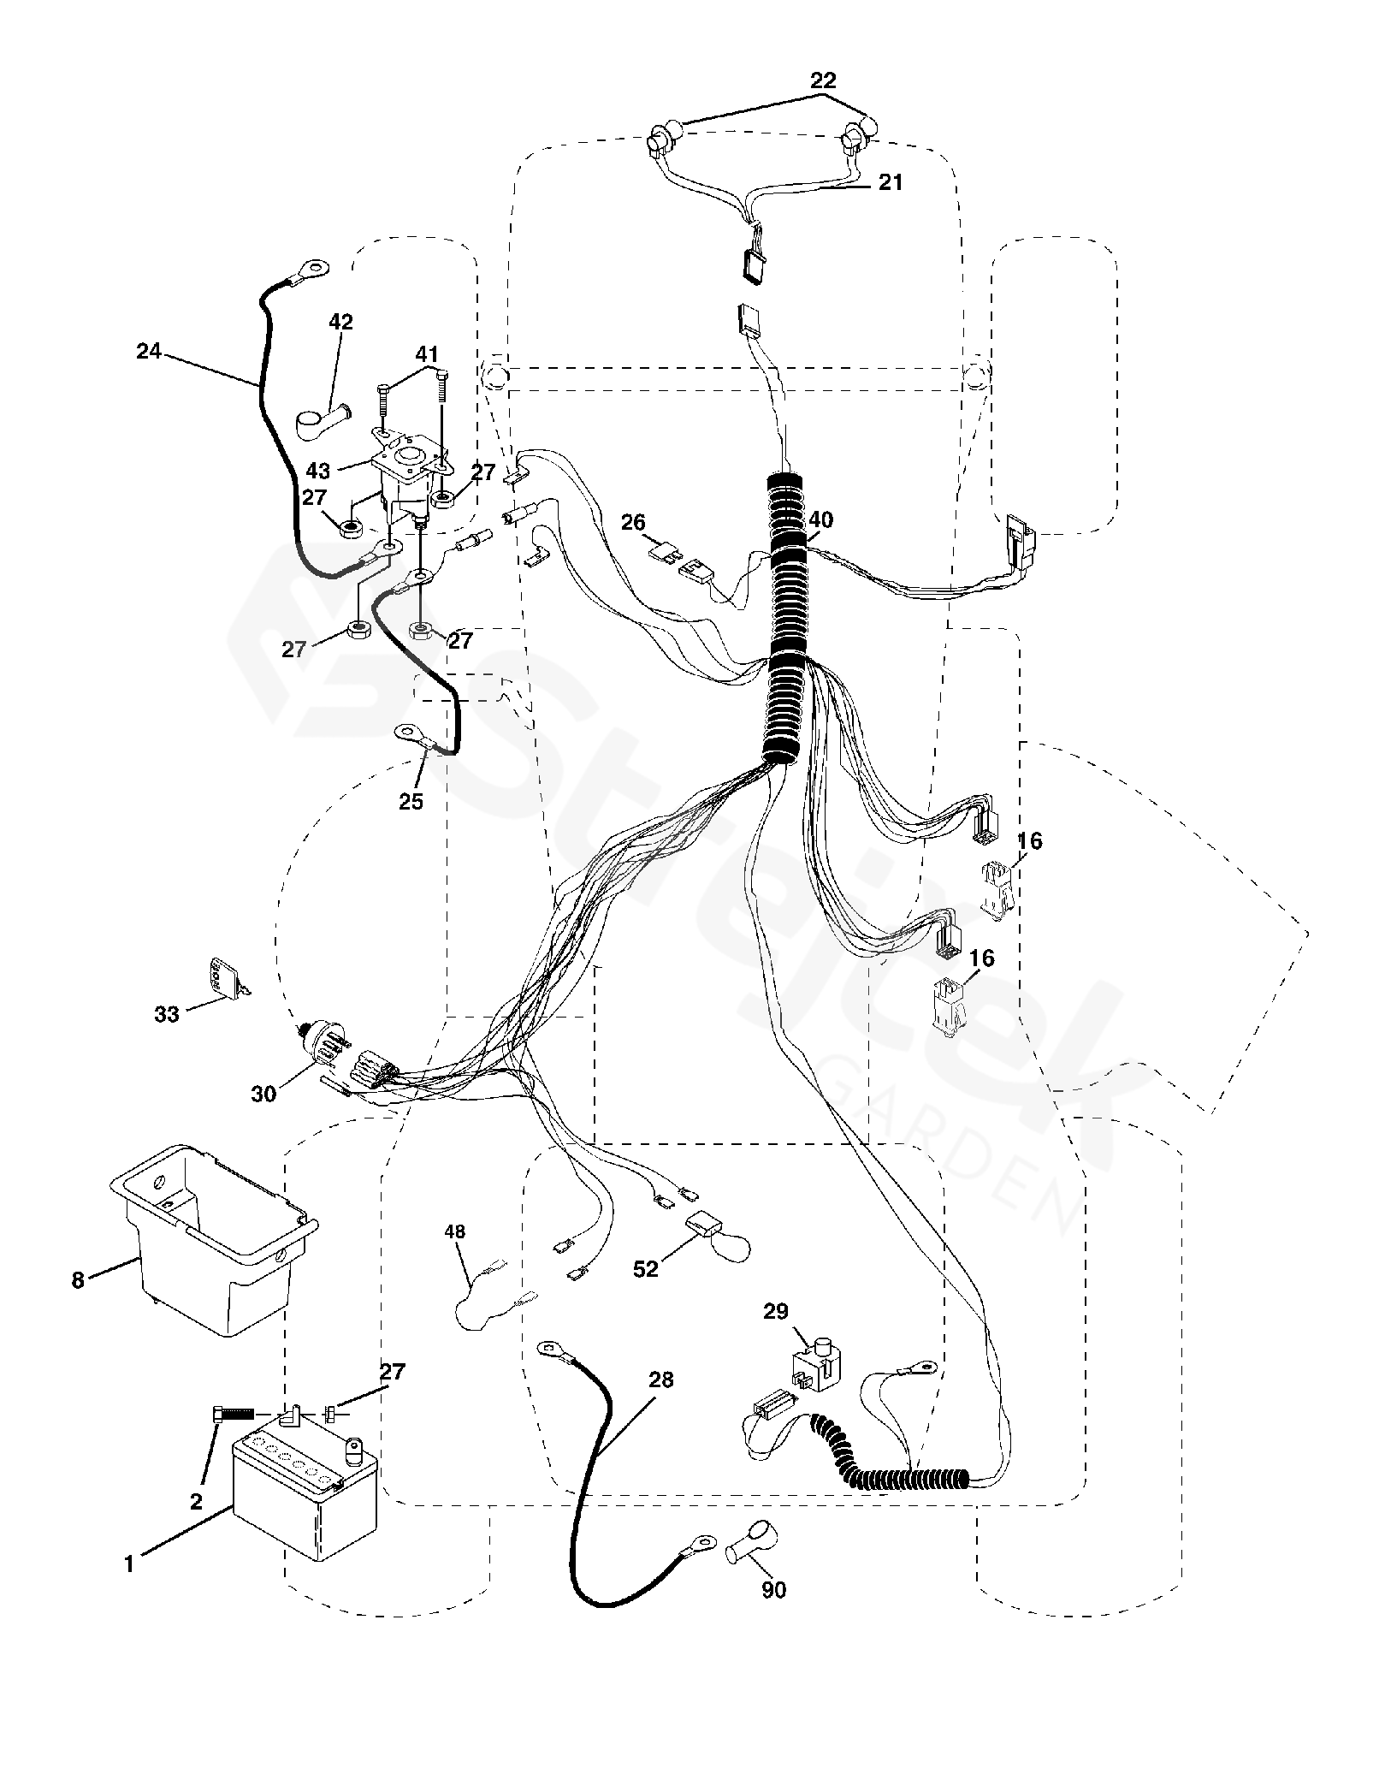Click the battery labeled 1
[305, 1497]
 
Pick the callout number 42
[340, 322]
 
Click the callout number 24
[149, 351]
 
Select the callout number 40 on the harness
[820, 519]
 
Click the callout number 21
[890, 182]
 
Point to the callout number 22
[822, 80]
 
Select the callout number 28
[660, 1379]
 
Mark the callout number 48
[455, 1231]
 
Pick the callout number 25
[411, 802]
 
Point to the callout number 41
[427, 354]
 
